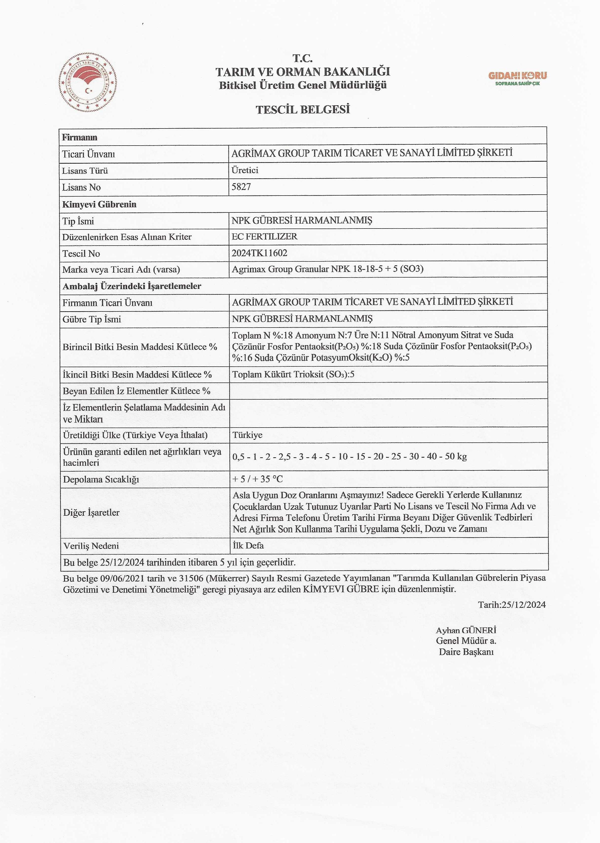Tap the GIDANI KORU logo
(517, 78)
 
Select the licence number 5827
(241, 187)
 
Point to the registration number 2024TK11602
(259, 253)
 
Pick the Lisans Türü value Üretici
(245, 170)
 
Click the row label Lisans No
(81, 187)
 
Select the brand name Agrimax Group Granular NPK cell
(327, 269)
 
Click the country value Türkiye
(247, 435)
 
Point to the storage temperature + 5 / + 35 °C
(258, 479)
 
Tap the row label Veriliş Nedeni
(91, 546)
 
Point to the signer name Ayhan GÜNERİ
(466, 630)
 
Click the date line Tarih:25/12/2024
(512, 605)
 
